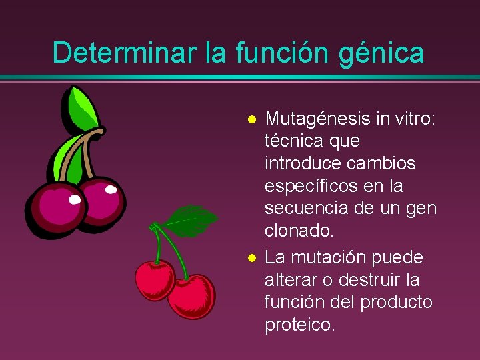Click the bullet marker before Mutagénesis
click(251, 120)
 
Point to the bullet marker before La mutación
click(251, 258)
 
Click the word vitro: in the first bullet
click(413, 119)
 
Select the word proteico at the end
click(299, 325)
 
